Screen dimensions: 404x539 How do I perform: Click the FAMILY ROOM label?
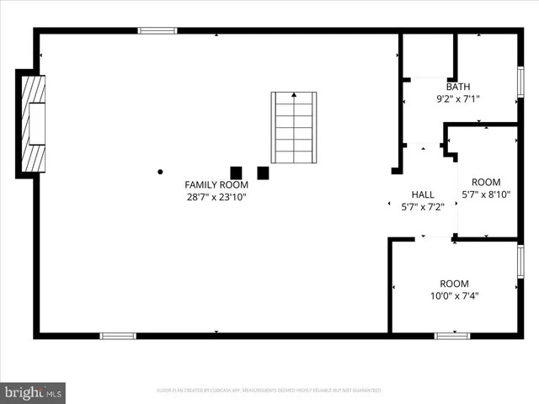point(216,184)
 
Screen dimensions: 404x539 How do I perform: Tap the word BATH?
point(458,87)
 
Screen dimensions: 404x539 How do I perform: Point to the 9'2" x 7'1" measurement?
point(458,99)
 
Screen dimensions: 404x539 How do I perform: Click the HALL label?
point(423,194)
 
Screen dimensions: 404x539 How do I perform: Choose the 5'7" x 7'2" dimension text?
point(423,206)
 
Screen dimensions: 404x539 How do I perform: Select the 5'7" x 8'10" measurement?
point(486,194)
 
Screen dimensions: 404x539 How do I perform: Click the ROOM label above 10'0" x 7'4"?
point(455,284)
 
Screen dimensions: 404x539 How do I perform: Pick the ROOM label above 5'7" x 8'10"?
point(486,182)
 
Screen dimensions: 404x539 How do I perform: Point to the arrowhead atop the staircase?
point(294,96)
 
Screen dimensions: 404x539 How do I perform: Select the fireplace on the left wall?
point(33,124)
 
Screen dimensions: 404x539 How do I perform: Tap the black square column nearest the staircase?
point(263,173)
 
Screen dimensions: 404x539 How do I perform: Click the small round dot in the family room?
point(160,172)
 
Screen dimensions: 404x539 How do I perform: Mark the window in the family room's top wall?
point(157,30)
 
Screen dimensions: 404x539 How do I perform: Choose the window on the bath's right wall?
point(520,82)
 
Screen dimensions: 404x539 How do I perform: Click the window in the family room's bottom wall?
point(117,336)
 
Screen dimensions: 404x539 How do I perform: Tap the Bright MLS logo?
point(34,391)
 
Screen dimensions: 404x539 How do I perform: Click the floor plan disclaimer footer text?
point(269,391)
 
